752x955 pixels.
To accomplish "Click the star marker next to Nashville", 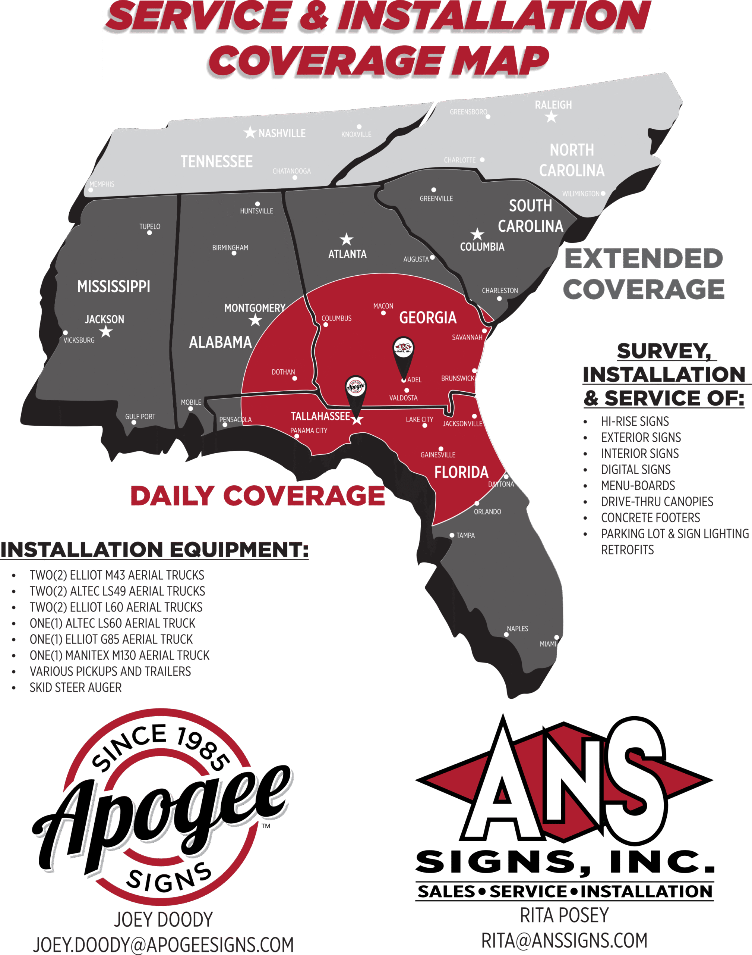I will click(x=250, y=132).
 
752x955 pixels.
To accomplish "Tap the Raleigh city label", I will click(x=553, y=105).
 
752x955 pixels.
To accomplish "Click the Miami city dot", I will click(x=556, y=637).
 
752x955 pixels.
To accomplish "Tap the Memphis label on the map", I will click(x=102, y=184).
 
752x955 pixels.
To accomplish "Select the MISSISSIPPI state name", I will click(x=114, y=286).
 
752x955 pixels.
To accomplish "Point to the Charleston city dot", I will click(x=499, y=299).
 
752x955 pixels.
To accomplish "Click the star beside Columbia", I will click(x=477, y=234).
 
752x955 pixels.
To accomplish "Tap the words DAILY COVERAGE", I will click(x=257, y=496).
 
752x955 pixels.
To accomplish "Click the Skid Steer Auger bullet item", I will click(x=76, y=688).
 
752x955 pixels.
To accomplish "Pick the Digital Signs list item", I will click(x=636, y=469).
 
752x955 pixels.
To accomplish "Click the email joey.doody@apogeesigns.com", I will click(x=163, y=945).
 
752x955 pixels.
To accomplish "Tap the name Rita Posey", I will click(x=565, y=915).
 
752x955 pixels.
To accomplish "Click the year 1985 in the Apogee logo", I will click(x=203, y=749).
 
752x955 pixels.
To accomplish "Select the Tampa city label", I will click(x=465, y=535).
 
